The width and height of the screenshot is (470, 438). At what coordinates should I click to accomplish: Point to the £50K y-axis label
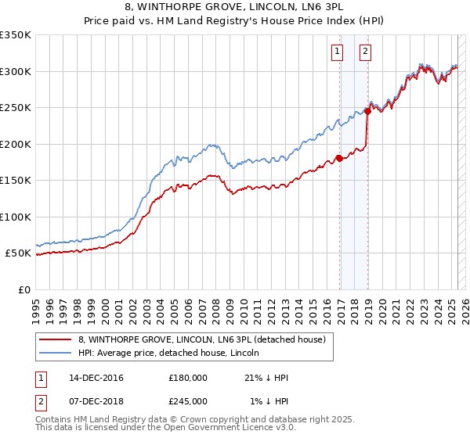(17, 253)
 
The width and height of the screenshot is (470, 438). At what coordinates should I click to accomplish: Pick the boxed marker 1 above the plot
(337, 52)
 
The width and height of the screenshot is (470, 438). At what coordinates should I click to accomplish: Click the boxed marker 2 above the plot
(366, 52)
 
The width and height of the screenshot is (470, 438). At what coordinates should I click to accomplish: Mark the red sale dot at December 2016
(339, 158)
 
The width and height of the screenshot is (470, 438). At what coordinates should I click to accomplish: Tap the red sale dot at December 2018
(368, 111)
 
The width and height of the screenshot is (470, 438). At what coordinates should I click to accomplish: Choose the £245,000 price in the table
(187, 400)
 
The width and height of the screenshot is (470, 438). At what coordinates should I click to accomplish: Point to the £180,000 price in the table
(187, 378)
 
